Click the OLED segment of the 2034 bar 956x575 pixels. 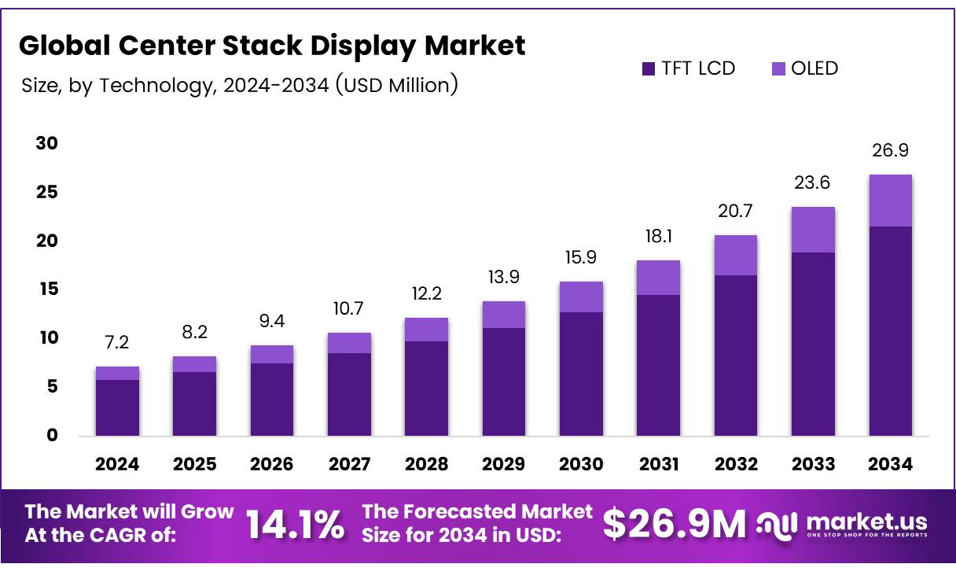pyautogui.click(x=890, y=201)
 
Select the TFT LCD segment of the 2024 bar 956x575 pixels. pyautogui.click(x=117, y=407)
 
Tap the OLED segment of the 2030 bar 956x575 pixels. pyautogui.click(x=581, y=297)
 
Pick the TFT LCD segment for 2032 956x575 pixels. pyautogui.click(x=735, y=355)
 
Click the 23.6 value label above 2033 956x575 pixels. pyautogui.click(x=813, y=182)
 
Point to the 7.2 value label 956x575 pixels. pyautogui.click(x=117, y=342)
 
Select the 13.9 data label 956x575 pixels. pyautogui.click(x=503, y=277)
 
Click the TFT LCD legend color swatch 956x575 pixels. pyautogui.click(x=648, y=68)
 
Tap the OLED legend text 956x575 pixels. pyautogui.click(x=814, y=68)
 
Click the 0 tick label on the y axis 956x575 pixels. pyautogui.click(x=52, y=435)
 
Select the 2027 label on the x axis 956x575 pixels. pyautogui.click(x=349, y=464)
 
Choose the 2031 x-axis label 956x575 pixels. pyautogui.click(x=658, y=464)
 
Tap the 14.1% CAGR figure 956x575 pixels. pyautogui.click(x=296, y=525)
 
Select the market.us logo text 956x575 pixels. pyautogui.click(x=866, y=522)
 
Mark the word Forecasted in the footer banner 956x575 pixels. pyautogui.click(x=454, y=511)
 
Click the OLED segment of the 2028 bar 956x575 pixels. pyautogui.click(x=426, y=330)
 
